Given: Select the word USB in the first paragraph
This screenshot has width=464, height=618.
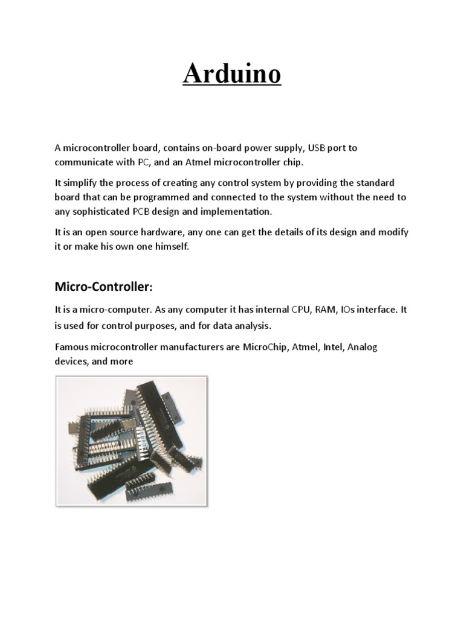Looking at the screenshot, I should [317, 147].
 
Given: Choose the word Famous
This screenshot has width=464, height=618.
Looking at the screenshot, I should [72, 347].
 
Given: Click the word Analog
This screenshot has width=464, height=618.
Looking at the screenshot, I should [364, 347].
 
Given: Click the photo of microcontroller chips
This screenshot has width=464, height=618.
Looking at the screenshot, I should [131, 441].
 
